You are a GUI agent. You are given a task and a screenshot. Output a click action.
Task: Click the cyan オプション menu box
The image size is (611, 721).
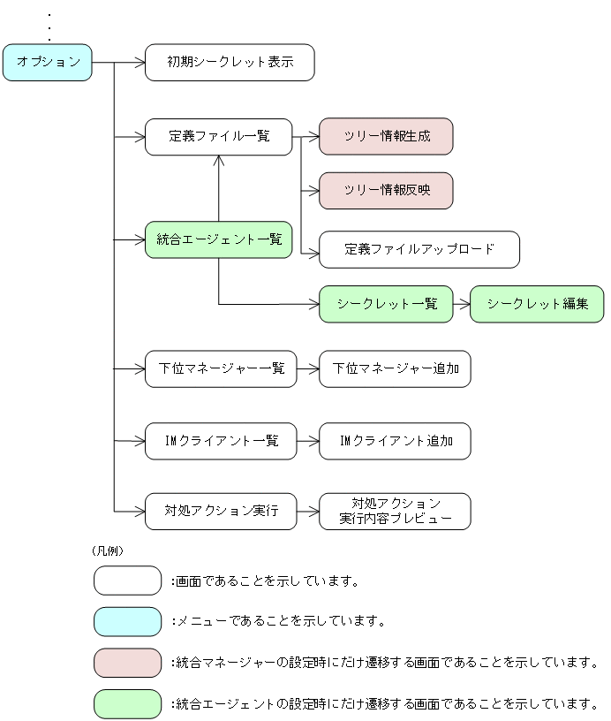(x=48, y=63)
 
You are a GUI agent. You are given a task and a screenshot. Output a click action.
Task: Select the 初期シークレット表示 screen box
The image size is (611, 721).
(x=230, y=63)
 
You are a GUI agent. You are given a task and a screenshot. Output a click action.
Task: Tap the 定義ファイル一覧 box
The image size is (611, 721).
(x=218, y=137)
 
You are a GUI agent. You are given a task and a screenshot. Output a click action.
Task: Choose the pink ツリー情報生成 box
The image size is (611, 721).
(x=386, y=137)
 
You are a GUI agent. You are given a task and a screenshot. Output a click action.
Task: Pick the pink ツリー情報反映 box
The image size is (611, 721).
(x=386, y=191)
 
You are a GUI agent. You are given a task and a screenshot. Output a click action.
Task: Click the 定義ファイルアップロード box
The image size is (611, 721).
(x=419, y=250)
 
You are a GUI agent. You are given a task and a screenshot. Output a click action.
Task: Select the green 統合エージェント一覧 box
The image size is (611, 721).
(x=218, y=239)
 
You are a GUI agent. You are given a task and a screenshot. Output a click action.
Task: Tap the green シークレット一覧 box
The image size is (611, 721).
(x=386, y=304)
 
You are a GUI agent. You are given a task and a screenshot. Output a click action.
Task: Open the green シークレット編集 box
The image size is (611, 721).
(x=537, y=304)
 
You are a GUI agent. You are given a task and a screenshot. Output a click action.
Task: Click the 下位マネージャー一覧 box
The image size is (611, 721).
(x=221, y=368)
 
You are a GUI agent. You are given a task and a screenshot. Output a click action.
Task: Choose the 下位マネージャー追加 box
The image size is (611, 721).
(x=395, y=368)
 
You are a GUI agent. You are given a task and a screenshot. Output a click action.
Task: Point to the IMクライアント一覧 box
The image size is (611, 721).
(x=221, y=441)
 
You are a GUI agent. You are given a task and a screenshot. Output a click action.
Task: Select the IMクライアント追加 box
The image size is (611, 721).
(x=395, y=441)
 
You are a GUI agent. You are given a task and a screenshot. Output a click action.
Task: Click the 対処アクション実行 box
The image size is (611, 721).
(x=221, y=512)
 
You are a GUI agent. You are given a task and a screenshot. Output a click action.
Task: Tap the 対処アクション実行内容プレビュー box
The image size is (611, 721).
(x=395, y=512)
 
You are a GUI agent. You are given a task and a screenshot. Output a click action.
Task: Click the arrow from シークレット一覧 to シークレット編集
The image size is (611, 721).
(x=461, y=304)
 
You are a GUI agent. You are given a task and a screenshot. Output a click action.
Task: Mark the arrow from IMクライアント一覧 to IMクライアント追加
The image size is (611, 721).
(x=307, y=441)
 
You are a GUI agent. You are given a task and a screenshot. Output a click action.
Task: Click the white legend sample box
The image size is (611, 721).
(x=127, y=581)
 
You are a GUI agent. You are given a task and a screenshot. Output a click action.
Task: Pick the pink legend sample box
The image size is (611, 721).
(x=127, y=663)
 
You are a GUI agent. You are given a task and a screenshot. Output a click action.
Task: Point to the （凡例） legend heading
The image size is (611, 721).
(x=108, y=550)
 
